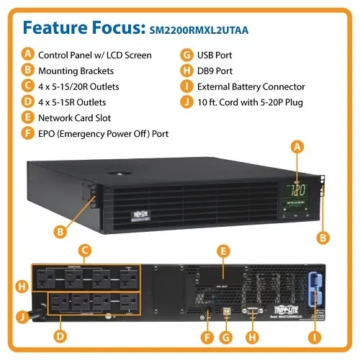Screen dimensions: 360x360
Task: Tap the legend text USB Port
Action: (217, 54)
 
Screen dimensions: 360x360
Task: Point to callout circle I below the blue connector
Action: (314, 336)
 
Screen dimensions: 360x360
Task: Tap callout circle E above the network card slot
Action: (225, 251)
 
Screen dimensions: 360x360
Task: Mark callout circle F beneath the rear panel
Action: (209, 336)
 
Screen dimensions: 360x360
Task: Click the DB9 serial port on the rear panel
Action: (253, 310)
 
